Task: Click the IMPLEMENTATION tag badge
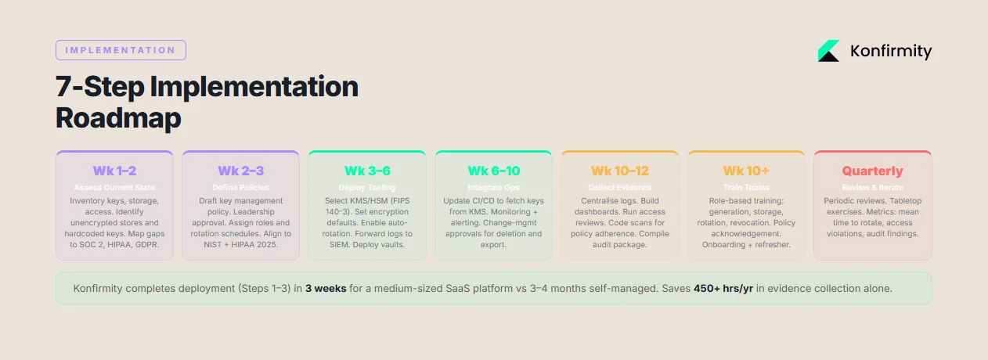121,50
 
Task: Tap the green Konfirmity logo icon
828,51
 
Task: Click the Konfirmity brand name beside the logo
891,52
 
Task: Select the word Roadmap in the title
118,118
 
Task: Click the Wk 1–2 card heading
114,171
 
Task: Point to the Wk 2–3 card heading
240,171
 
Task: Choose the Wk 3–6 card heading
367,171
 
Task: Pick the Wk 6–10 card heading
493,171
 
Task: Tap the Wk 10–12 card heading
620,171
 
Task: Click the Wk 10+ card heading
746,171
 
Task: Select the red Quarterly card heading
872,171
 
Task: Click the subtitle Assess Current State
114,188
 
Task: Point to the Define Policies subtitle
240,188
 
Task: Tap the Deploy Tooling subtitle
367,188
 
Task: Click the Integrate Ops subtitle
493,188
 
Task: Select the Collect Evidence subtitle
620,188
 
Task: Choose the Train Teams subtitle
746,188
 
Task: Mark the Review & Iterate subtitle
872,188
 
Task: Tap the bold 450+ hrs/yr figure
723,289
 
